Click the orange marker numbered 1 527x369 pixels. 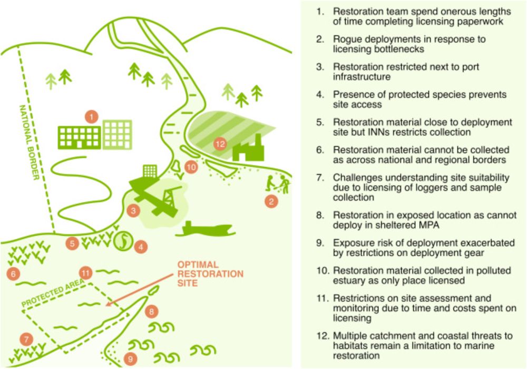[x=91, y=116]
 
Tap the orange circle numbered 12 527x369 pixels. [x=220, y=144]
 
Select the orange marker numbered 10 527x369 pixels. [x=191, y=167]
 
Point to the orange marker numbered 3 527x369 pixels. [x=133, y=211]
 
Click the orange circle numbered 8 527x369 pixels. [x=152, y=312]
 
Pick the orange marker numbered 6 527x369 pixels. [x=13, y=274]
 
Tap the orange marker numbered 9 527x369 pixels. [x=130, y=359]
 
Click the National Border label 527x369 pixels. [x=30, y=142]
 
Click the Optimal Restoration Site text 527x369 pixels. [x=210, y=274]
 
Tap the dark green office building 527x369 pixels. [x=80, y=138]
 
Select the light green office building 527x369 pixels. [x=118, y=135]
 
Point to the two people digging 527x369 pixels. [x=278, y=184]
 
